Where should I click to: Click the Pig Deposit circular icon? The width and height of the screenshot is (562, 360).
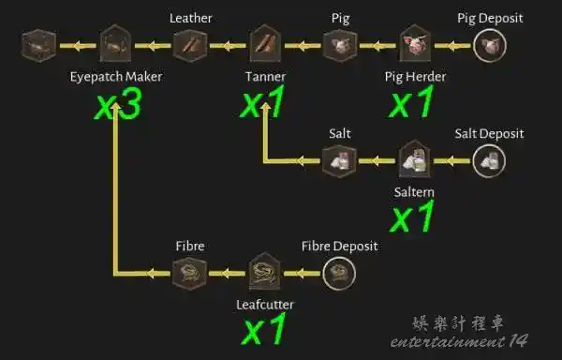[x=490, y=46]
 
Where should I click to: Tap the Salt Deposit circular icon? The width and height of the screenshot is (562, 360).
[x=489, y=161]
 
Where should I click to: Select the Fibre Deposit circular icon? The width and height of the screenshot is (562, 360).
[x=339, y=273]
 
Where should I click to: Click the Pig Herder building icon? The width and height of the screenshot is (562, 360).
[x=415, y=43]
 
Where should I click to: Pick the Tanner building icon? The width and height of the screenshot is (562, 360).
[x=265, y=43]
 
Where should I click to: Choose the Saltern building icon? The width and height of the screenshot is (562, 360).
[x=415, y=158]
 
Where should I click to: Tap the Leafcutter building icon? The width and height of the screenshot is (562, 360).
[x=265, y=271]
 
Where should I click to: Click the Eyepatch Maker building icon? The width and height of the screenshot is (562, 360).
[x=115, y=43]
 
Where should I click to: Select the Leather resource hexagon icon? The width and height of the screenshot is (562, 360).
[x=190, y=46]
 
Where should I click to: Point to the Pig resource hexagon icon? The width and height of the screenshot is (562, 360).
[x=340, y=46]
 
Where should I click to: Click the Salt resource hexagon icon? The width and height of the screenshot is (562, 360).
[x=339, y=161]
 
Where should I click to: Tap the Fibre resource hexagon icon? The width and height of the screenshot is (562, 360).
[x=189, y=273]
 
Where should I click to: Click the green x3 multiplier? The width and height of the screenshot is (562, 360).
[x=118, y=104]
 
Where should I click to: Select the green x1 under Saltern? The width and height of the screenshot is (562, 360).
[x=412, y=216]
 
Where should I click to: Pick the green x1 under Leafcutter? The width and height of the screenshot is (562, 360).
[x=264, y=328]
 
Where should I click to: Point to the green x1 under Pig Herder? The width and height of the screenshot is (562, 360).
[x=411, y=101]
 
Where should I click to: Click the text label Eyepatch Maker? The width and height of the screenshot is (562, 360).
[x=116, y=77]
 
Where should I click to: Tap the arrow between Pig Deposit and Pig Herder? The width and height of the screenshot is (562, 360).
[x=452, y=46]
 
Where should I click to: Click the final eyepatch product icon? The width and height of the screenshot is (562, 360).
[x=39, y=46]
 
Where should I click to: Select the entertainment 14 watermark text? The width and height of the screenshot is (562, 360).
[x=459, y=341]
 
